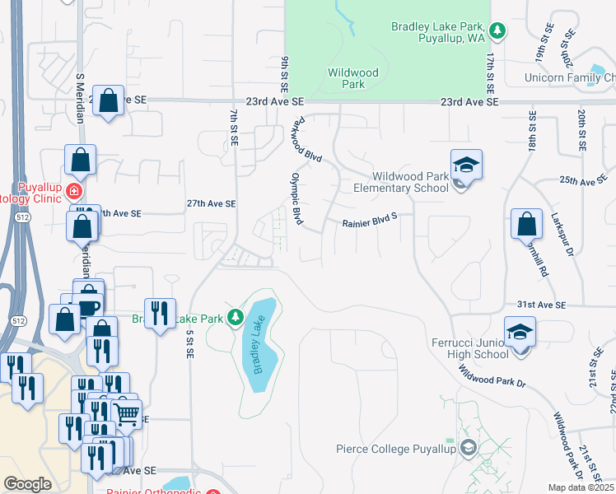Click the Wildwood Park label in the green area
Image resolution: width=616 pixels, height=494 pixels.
coord(352,78)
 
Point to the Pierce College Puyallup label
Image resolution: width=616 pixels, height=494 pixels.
coord(394,449)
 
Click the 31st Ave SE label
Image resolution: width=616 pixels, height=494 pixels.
coord(541,305)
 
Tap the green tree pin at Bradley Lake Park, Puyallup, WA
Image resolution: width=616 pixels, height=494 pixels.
coord(497,31)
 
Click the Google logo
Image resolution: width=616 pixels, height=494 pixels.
coord(27,484)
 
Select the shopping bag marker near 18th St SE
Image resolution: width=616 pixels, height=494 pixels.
coord(526,224)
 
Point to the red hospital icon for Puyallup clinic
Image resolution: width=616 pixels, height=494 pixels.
coord(73,191)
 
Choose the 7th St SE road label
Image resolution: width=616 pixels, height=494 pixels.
coord(234,128)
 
